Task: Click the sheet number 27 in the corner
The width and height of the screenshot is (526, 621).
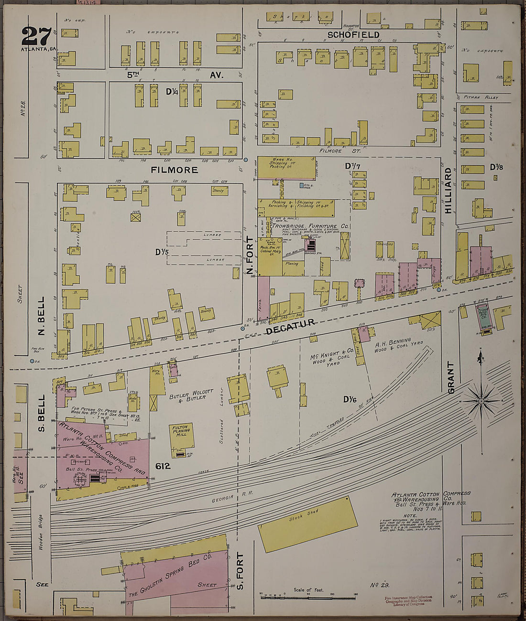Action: [36, 36]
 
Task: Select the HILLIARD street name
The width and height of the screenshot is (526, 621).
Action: [448, 190]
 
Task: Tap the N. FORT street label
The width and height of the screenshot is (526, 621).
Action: [250, 256]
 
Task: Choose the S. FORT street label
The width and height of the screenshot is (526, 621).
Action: [240, 570]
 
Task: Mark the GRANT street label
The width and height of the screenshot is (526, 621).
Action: [450, 377]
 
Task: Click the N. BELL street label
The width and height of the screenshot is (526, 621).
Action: [41, 316]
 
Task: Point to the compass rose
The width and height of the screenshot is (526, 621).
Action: [482, 402]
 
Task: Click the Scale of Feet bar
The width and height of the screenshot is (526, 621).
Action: [309, 595]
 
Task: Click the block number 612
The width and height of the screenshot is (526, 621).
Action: [163, 466]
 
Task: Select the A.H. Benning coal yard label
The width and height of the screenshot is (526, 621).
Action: [393, 345]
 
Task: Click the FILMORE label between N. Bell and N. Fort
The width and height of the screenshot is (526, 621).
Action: [175, 170]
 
